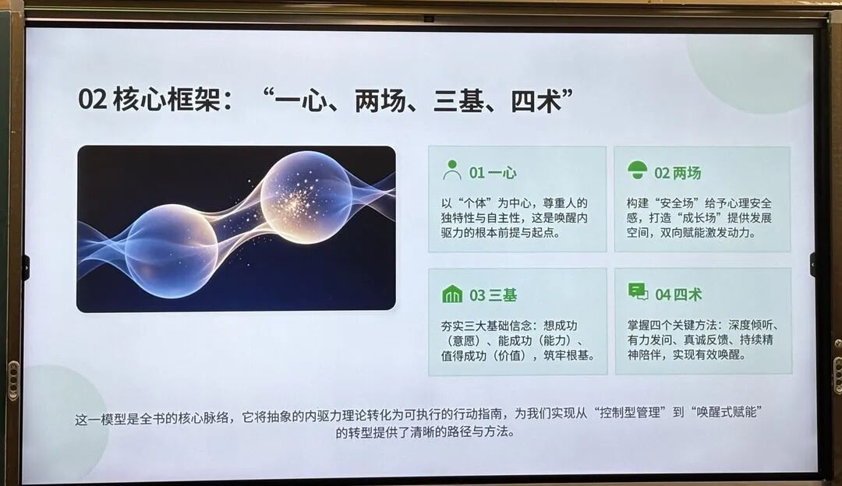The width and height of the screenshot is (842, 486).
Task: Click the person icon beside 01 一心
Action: [452, 170]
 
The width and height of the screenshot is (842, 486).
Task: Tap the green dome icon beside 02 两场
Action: [638, 170]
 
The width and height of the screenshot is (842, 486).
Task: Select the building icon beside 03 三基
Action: [452, 294]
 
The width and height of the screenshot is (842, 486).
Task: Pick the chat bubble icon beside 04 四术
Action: [638, 292]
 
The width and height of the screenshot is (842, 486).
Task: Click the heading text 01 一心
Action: [493, 173]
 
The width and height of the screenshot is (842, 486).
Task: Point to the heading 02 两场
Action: [677, 173]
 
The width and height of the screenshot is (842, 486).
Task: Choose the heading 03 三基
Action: [493, 295]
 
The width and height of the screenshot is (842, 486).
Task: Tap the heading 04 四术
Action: [678, 294]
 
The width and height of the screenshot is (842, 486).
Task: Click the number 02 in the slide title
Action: [92, 100]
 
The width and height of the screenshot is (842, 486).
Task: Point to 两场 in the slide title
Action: [380, 100]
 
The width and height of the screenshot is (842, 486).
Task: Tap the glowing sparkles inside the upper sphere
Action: [297, 199]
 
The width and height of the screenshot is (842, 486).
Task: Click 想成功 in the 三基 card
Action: [560, 326]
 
